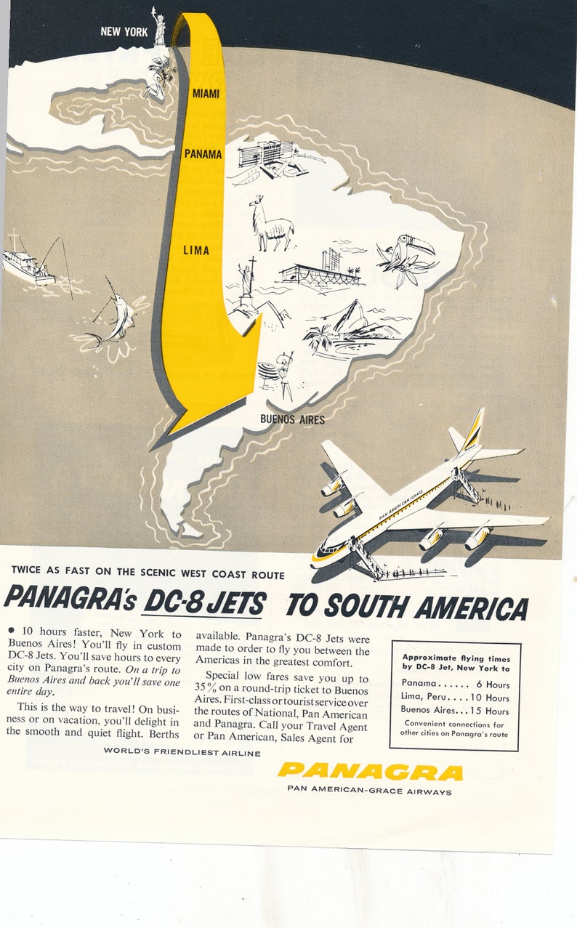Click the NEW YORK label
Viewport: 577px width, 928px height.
click(124, 31)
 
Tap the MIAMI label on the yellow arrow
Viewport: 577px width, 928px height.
click(206, 94)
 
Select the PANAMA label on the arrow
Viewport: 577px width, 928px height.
click(203, 154)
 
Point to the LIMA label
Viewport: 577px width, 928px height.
click(196, 251)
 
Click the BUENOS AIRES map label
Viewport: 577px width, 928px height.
click(292, 419)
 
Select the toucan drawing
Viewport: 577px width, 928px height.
click(404, 254)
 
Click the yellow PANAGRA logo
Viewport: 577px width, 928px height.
click(369, 771)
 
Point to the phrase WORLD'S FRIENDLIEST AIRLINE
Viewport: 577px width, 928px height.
click(182, 752)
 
